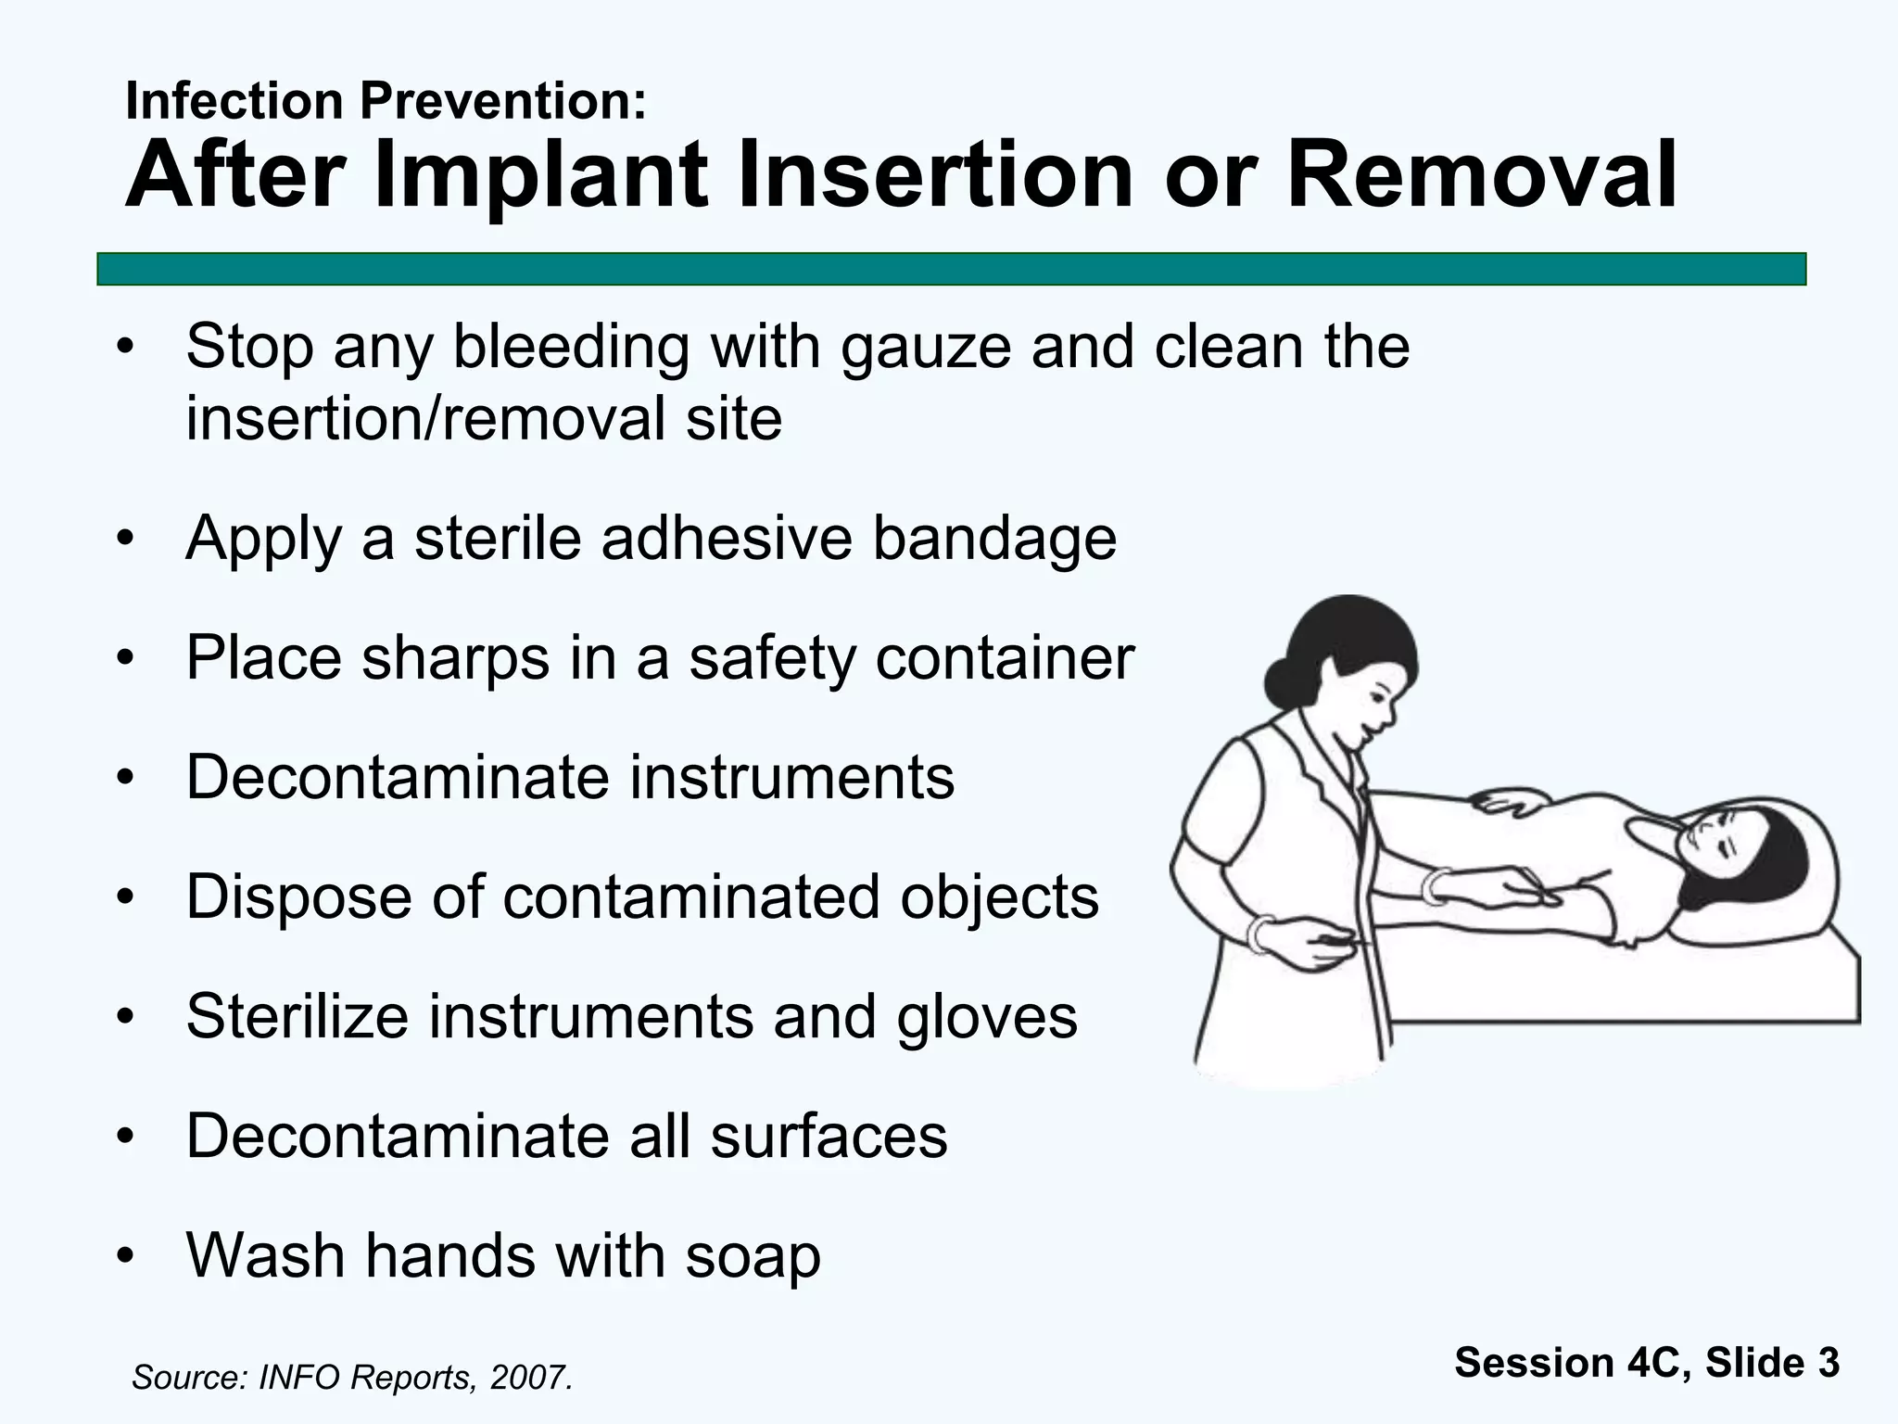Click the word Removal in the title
coord(1481,176)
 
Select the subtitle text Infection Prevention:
coord(386,100)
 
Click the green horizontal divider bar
coord(951,269)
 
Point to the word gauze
coord(926,348)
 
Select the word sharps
coord(455,659)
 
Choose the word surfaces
coord(829,1137)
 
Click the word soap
coord(753,1256)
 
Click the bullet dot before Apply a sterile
coord(126,540)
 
